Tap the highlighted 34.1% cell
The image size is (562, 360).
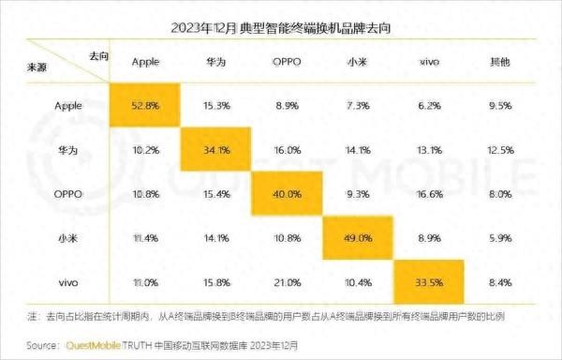(x=217, y=149)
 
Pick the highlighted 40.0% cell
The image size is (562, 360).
(x=288, y=193)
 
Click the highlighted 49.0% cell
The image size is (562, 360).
(x=357, y=238)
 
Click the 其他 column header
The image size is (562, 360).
(x=498, y=61)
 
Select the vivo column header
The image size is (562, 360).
(x=427, y=61)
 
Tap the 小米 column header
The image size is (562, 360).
(x=357, y=61)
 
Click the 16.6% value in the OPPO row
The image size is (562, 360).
(x=427, y=194)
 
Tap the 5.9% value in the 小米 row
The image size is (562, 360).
(x=498, y=238)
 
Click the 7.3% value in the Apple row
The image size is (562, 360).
(x=357, y=105)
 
